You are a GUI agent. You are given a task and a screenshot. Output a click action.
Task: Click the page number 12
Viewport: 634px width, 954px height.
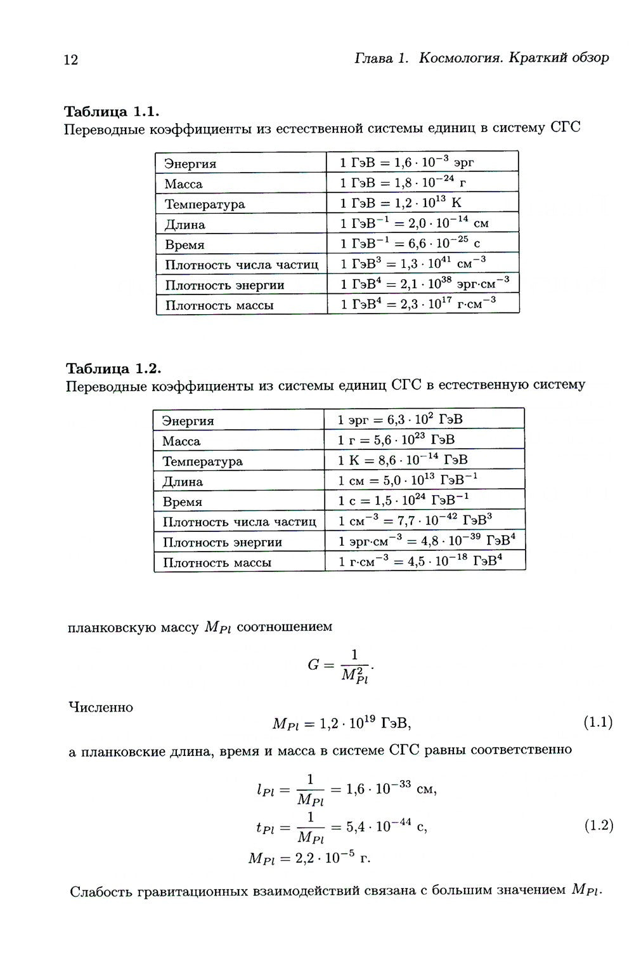(x=70, y=60)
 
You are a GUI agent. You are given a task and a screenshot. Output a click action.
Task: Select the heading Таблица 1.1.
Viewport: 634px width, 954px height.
(x=112, y=112)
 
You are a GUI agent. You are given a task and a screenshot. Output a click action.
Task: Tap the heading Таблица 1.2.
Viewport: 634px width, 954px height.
(x=114, y=369)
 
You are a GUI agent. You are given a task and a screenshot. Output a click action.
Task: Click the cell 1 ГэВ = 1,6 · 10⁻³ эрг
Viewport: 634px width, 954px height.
(x=407, y=162)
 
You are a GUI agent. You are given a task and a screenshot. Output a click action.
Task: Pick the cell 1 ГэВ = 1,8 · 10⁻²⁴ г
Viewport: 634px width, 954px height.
(x=403, y=183)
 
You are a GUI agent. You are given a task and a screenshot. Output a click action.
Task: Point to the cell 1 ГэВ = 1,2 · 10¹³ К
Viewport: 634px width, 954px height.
(x=401, y=203)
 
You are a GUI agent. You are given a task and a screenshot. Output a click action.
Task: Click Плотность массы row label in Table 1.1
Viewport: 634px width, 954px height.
(x=219, y=305)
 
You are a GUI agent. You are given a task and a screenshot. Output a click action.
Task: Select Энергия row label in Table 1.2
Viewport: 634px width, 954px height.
(x=188, y=421)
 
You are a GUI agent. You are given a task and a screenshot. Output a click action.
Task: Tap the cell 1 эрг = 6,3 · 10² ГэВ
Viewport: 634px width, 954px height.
(x=400, y=420)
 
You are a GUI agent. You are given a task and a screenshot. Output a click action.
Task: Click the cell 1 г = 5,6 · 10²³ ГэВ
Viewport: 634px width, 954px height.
(x=396, y=440)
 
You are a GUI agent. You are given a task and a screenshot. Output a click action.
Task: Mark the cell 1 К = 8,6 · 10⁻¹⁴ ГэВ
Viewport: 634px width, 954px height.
(x=403, y=460)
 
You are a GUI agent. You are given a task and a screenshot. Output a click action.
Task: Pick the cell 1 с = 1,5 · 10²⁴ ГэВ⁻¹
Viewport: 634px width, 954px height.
(x=403, y=500)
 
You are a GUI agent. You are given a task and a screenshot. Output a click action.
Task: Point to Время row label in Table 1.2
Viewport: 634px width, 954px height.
(x=183, y=501)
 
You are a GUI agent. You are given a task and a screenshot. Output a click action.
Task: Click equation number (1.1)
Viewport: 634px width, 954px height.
(x=597, y=722)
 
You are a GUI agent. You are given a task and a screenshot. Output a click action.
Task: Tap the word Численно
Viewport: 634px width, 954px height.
(x=101, y=707)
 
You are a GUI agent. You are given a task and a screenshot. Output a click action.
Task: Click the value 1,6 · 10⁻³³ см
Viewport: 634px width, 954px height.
(x=392, y=789)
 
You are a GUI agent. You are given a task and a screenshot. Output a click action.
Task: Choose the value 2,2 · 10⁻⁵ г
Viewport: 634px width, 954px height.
(x=330, y=858)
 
